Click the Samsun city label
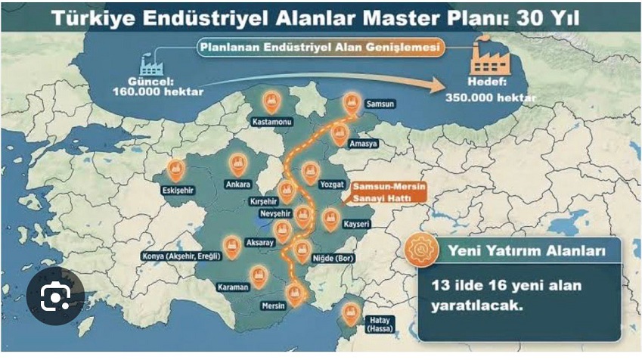pyautogui.click(x=380, y=104)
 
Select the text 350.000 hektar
pyautogui.click(x=492, y=98)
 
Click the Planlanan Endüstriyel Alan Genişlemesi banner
pyautogui.click(x=319, y=46)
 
